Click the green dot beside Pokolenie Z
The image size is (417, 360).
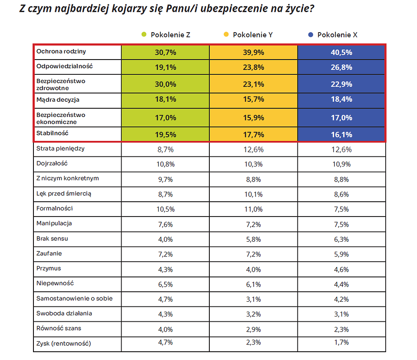click(144, 34)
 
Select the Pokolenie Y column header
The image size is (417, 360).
click(253, 35)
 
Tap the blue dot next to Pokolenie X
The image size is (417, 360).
click(311, 35)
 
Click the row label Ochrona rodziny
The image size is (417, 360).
click(61, 51)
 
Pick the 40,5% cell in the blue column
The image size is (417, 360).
click(341, 53)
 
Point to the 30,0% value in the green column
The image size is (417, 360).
click(165, 84)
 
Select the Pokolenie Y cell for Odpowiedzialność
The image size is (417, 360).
click(253, 67)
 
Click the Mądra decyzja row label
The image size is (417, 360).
click(58, 100)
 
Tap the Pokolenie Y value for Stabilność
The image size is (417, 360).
click(253, 135)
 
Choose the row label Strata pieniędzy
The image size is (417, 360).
click(60, 149)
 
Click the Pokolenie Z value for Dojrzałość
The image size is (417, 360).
click(165, 164)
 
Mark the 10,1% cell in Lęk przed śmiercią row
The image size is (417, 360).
click(253, 194)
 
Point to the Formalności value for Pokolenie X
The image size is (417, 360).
click(341, 209)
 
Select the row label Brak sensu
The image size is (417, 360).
click(52, 239)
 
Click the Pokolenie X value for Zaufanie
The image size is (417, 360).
click(341, 254)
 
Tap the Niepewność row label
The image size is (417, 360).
click(55, 283)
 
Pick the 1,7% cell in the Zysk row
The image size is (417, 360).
click(341, 342)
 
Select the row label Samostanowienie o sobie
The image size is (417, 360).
click(74, 299)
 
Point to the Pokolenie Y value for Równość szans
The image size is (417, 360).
click(253, 330)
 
